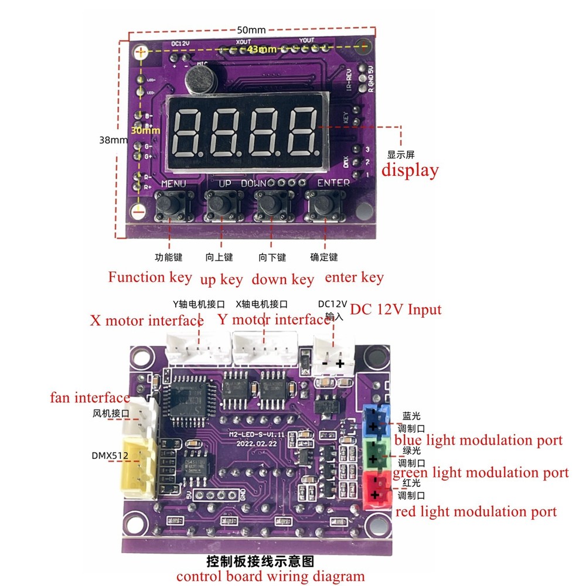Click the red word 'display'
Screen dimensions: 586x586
pos(410,171)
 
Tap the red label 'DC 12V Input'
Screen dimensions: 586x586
pos(396,309)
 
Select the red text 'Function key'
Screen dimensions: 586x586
pos(149,277)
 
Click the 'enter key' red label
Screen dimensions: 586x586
pos(354,277)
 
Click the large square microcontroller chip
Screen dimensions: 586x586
pos(186,398)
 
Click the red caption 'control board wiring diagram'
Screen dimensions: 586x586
pos(270,576)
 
